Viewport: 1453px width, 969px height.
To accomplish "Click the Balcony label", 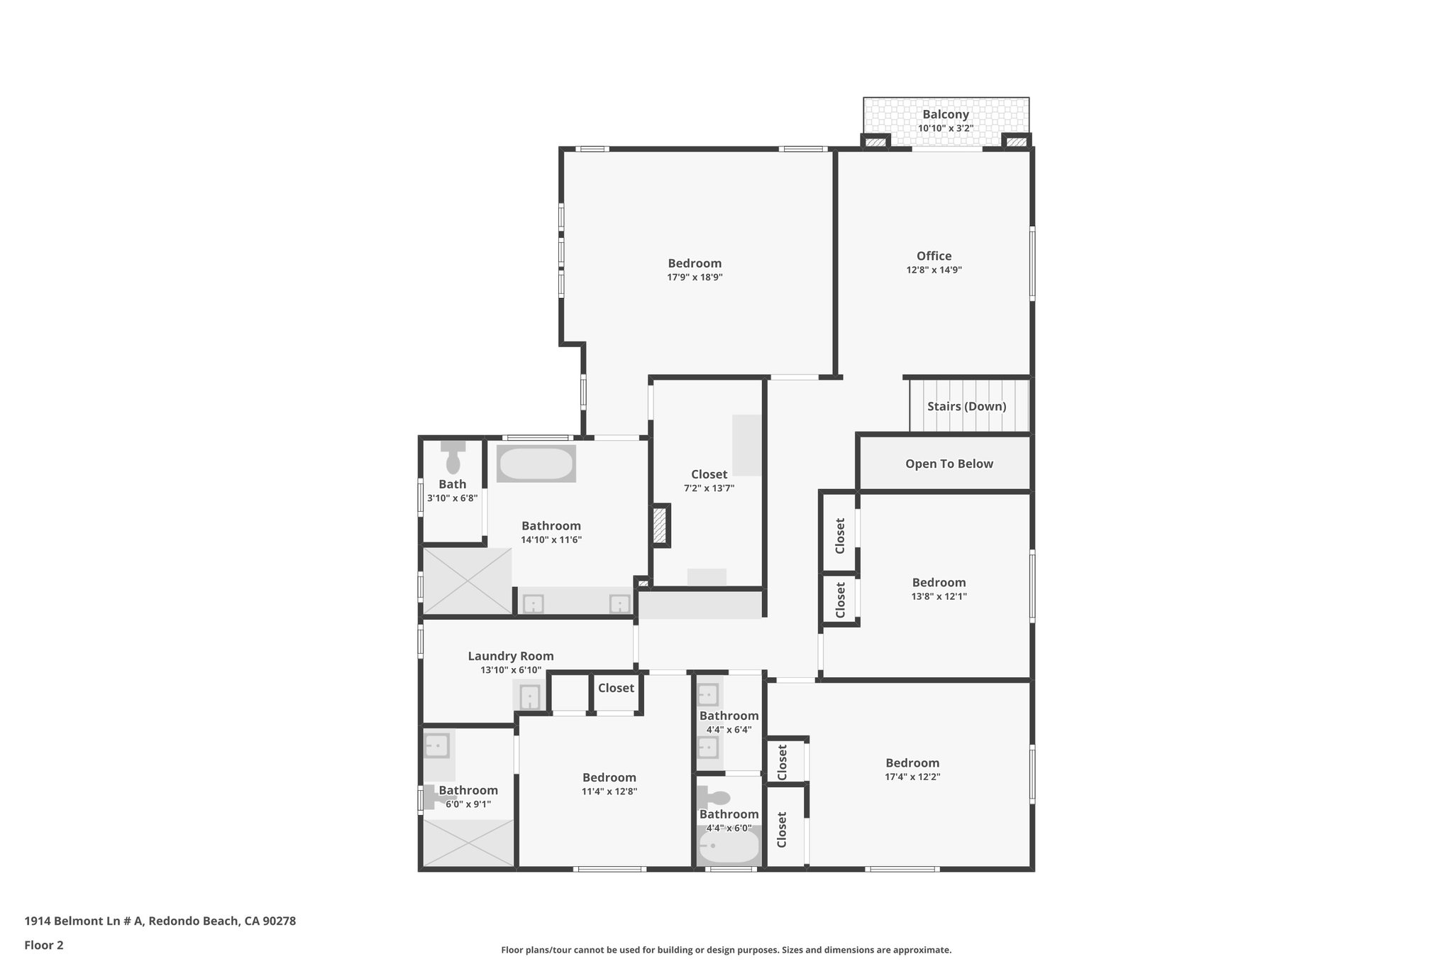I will pos(945,114).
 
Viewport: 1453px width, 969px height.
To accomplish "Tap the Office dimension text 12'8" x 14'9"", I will pos(934,270).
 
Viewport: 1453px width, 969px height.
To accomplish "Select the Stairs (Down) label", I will pos(966,406).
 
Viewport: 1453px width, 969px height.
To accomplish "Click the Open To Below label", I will pos(949,464).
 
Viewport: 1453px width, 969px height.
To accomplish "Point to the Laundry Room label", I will pos(510,656).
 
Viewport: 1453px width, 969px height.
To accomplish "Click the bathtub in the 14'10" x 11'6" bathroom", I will pos(536,464).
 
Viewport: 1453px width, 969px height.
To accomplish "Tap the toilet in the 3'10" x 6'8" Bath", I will pos(453,459).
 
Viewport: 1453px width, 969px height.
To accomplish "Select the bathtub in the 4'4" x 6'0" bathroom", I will pos(729,846).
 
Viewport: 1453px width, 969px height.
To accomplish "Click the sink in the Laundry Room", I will pos(530,696).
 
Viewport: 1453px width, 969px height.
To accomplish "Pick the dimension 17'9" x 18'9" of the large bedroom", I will pos(695,277).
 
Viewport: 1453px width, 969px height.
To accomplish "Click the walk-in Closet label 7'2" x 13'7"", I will pos(709,474).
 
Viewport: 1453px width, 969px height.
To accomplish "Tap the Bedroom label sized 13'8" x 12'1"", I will pos(939,582).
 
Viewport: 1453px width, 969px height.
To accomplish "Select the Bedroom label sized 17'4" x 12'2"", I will pos(912,763).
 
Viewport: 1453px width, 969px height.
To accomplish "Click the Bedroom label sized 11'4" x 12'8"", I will pos(609,777).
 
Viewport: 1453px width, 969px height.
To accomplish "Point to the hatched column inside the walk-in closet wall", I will pos(660,525).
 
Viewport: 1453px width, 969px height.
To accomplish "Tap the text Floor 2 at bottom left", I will pos(44,945).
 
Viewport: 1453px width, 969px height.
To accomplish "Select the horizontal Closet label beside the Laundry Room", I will pos(616,687).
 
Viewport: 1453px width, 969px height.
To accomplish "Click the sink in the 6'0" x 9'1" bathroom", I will pos(437,746).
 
